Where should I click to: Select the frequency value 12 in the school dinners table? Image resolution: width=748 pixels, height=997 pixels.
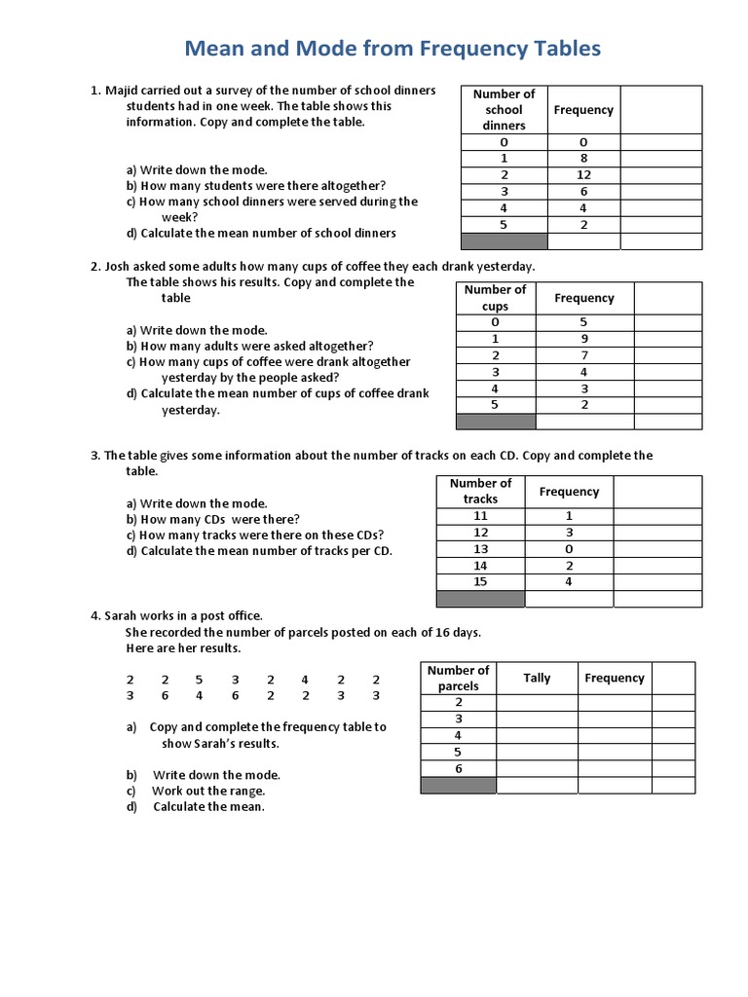[583, 174]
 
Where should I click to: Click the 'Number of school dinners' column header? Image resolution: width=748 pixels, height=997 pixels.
[504, 109]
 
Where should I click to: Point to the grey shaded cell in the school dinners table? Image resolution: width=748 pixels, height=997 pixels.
[504, 240]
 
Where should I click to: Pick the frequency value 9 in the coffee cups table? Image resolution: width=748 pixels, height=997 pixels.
[583, 339]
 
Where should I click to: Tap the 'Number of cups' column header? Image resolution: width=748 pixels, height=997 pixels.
[495, 297]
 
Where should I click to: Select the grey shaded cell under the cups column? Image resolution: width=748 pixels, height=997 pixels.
[495, 422]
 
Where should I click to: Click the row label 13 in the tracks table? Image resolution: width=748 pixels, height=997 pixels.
[480, 548]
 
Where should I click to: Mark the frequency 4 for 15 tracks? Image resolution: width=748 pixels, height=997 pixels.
[569, 581]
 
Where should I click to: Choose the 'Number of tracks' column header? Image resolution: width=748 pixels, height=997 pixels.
[480, 491]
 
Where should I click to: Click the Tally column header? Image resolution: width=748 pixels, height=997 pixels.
[537, 678]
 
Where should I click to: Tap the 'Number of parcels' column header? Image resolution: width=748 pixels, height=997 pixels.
[458, 678]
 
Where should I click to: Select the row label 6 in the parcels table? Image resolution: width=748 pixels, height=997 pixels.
[458, 768]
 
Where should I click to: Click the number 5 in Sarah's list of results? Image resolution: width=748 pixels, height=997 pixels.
[199, 680]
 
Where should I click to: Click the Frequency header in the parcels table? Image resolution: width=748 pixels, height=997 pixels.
[614, 678]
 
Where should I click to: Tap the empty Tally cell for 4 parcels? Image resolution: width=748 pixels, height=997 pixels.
[537, 735]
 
